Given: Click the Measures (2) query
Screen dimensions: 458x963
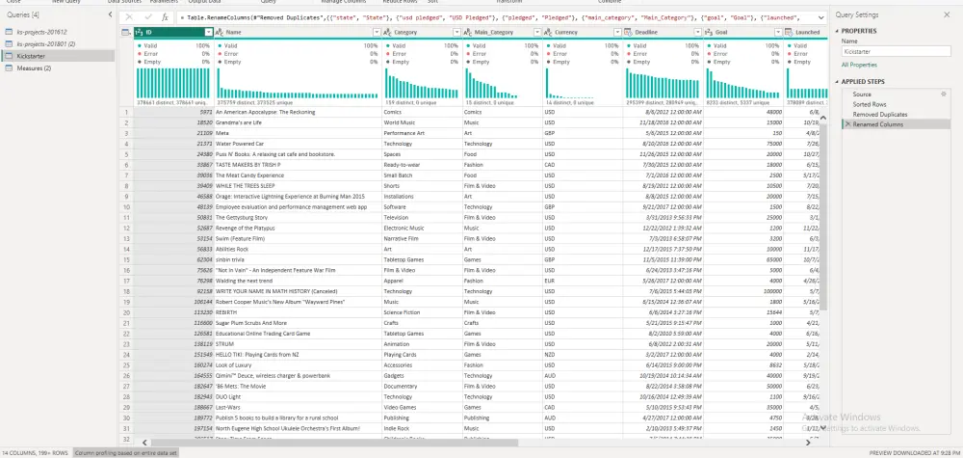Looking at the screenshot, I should [x=35, y=67].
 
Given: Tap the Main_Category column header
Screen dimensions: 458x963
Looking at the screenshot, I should [x=494, y=32].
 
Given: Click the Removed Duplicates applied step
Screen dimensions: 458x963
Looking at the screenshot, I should [x=879, y=114].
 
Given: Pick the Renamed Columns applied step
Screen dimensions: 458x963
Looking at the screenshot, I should [x=877, y=124].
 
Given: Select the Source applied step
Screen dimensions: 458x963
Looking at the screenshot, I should [x=863, y=94].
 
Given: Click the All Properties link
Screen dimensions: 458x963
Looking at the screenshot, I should [x=859, y=64].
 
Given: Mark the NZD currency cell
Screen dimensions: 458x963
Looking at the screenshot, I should [x=550, y=354].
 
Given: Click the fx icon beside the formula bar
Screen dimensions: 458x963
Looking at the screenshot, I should [x=166, y=16].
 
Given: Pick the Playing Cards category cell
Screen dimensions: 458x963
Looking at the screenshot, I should [x=403, y=354].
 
